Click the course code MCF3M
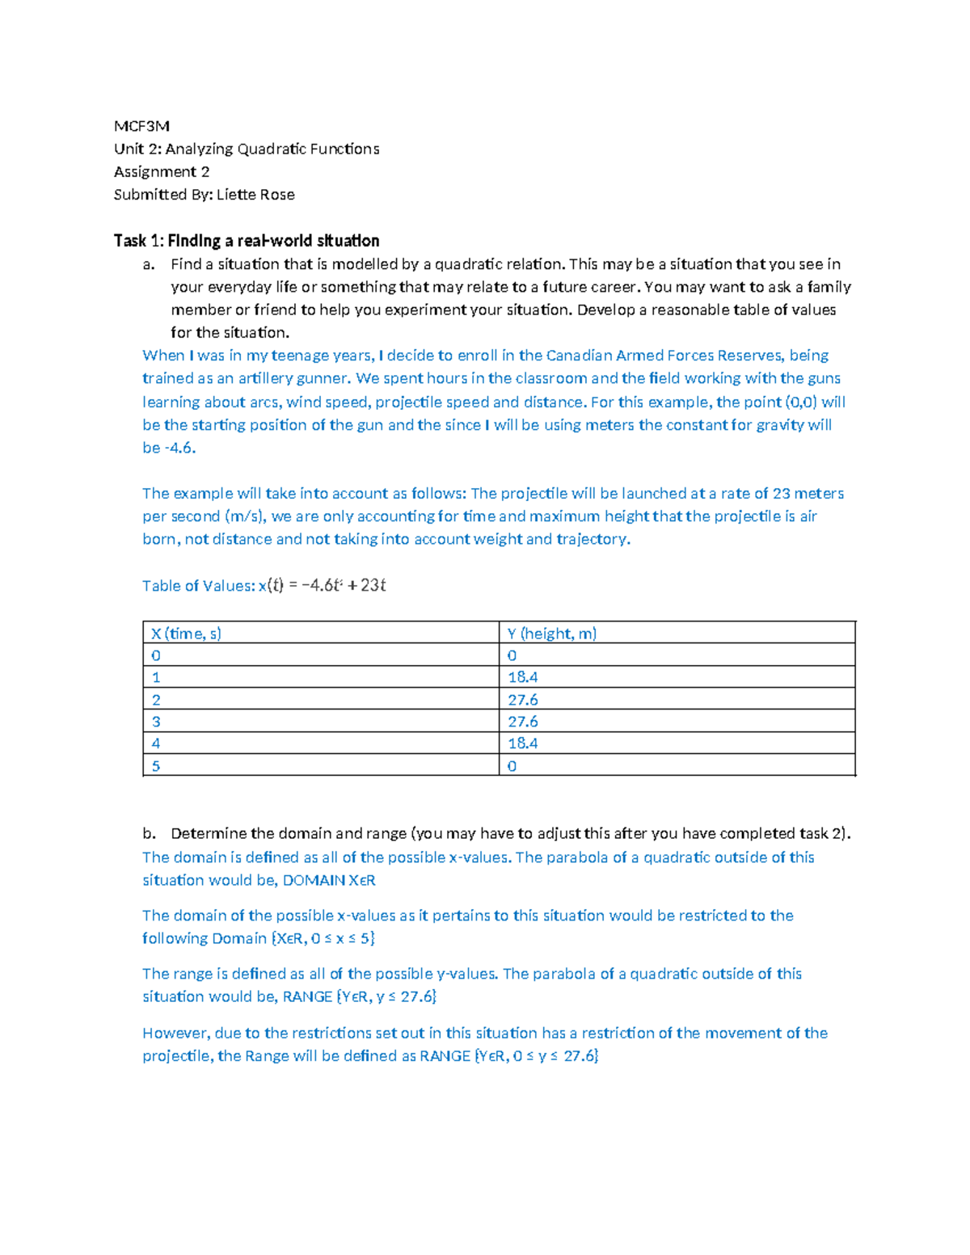[141, 126]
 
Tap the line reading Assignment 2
[162, 172]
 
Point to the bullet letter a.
[148, 264]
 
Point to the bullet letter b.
[148, 834]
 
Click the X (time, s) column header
[186, 634]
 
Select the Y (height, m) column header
[552, 634]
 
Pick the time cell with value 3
[156, 722]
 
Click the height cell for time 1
[523, 677]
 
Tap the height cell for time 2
[523, 700]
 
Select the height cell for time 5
[512, 766]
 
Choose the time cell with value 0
[156, 655]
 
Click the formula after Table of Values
[322, 586]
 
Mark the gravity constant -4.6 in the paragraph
[179, 449]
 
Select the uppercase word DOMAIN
[314, 881]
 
